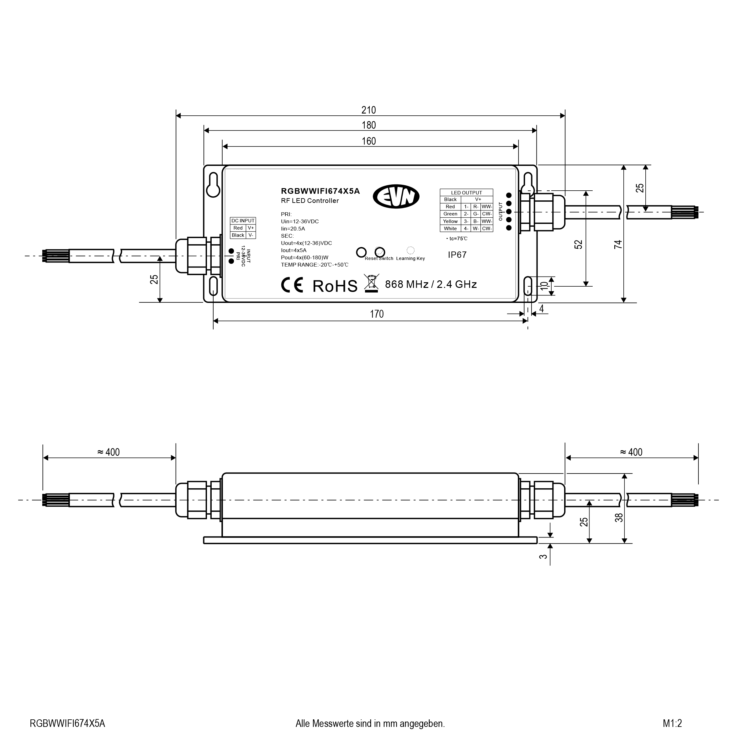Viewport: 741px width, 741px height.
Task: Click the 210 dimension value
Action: point(368,110)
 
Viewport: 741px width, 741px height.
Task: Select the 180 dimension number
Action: point(368,125)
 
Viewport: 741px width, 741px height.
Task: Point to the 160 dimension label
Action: point(368,141)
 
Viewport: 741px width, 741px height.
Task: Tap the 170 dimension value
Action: point(376,314)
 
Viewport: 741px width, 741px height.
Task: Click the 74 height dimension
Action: point(618,244)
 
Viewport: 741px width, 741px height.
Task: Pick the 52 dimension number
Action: point(578,244)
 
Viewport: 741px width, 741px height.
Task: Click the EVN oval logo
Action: point(396,197)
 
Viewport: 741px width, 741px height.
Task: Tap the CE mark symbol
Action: point(292,285)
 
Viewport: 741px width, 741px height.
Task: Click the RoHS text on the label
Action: point(335,286)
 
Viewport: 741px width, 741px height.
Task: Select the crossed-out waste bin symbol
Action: point(371,283)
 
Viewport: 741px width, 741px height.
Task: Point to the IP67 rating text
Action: point(457,255)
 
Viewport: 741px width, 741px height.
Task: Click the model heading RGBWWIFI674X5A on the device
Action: point(320,191)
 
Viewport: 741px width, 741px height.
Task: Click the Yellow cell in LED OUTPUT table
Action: point(450,221)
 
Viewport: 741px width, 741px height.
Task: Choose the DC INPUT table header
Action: point(243,221)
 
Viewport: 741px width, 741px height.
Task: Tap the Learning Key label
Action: point(410,258)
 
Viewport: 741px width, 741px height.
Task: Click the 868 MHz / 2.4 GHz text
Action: point(431,284)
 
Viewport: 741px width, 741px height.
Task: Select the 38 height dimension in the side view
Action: point(619,517)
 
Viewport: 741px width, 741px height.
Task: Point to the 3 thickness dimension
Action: point(543,556)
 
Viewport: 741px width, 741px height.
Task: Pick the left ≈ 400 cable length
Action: point(109,452)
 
